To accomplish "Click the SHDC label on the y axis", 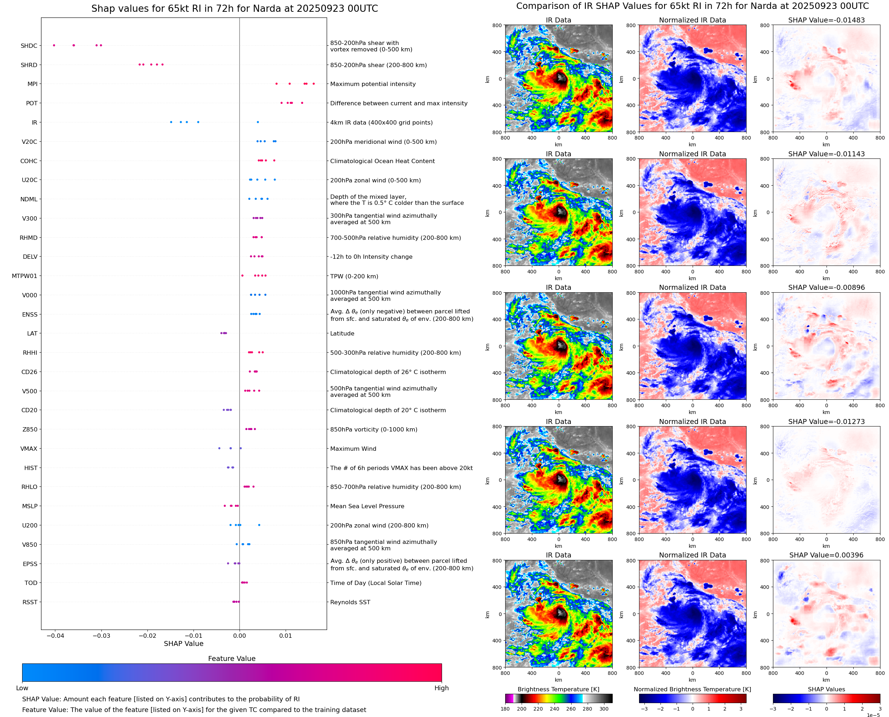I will (29, 46).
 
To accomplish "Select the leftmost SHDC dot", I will (54, 45).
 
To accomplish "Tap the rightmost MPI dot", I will (313, 84).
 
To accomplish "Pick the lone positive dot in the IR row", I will (258, 122).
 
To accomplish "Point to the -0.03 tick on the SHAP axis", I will (101, 636).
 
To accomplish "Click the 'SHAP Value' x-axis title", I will (184, 643).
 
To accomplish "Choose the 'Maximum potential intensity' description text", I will (373, 84).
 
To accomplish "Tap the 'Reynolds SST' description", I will (350, 602).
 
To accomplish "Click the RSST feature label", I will (30, 602).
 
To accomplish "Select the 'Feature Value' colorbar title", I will (231, 658).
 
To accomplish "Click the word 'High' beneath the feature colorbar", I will (441, 688).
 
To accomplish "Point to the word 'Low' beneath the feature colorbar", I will (22, 688).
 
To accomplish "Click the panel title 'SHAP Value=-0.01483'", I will (826, 20).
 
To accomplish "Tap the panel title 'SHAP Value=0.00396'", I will (826, 555).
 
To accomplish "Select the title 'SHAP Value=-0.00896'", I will (826, 287).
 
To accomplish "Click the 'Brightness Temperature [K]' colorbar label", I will (558, 689).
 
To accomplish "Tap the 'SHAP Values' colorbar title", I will (826, 689).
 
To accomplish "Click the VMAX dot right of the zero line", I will (241, 448).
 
